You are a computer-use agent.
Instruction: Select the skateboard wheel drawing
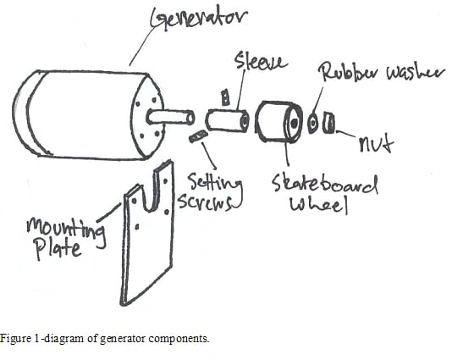coord(278,124)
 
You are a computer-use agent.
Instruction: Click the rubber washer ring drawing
coord(313,124)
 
